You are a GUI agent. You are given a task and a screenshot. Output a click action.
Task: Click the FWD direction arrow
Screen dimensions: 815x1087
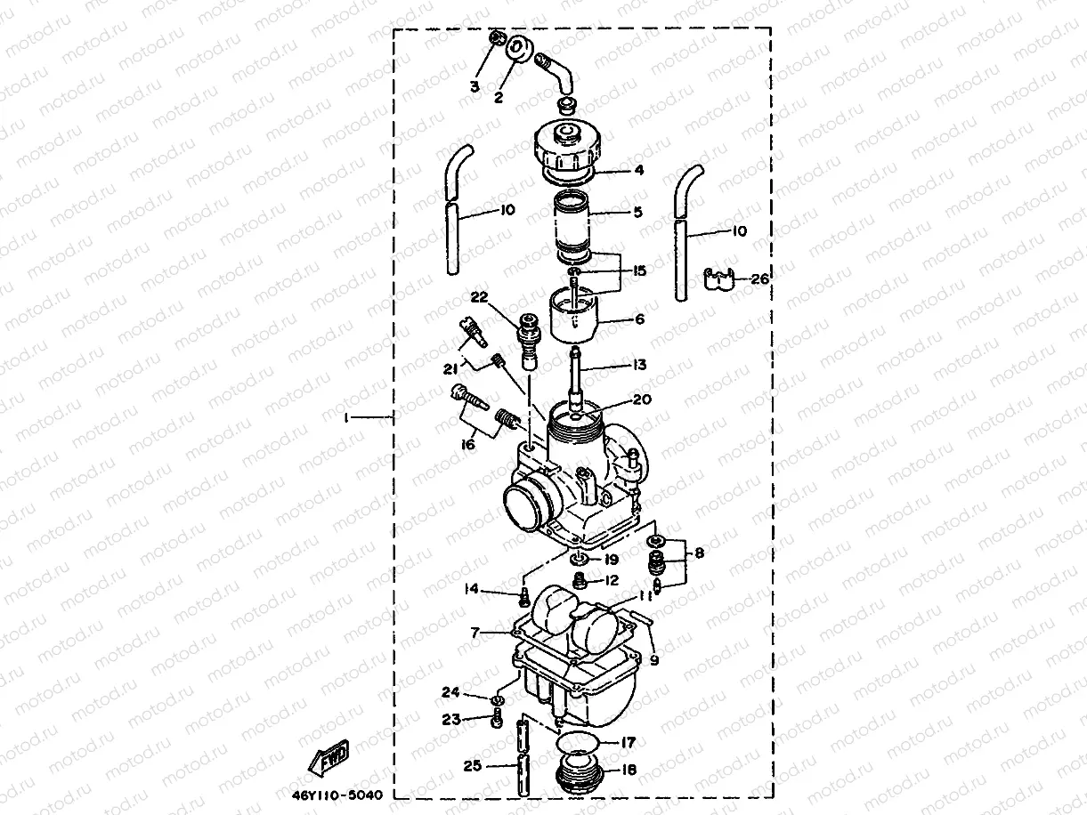click(x=328, y=758)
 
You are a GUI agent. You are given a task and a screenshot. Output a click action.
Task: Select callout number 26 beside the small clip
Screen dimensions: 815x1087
click(x=758, y=278)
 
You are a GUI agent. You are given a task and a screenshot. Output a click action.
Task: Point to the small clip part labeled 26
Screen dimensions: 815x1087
click(x=718, y=280)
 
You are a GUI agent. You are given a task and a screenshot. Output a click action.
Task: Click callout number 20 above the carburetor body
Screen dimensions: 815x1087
click(x=643, y=400)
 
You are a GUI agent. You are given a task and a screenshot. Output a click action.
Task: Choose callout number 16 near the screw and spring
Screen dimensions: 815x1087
click(x=466, y=445)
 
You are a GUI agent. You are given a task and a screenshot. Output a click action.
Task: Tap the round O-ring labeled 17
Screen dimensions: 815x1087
click(x=580, y=744)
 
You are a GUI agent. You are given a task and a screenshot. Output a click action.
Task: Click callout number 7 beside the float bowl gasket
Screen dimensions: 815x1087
click(x=476, y=633)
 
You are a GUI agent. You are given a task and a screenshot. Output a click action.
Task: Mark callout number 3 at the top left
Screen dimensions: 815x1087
click(x=475, y=86)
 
